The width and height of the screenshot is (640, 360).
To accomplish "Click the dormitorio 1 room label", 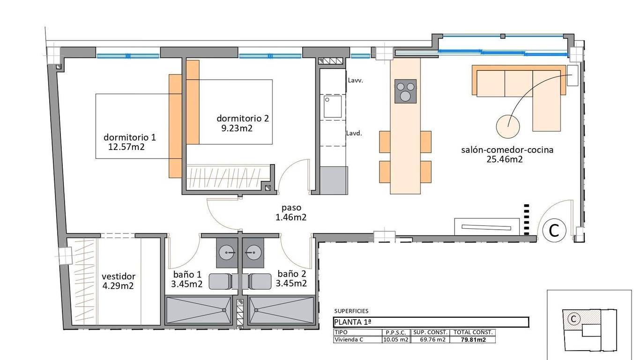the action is (130, 137).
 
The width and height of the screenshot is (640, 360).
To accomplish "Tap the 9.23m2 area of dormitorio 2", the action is (237, 128).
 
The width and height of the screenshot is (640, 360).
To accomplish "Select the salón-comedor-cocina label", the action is (507, 150).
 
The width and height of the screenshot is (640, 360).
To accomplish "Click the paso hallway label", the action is (291, 208).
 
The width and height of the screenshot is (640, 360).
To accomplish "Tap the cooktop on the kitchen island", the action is (405, 91).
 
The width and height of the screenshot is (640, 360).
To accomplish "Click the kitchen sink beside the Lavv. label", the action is (333, 106).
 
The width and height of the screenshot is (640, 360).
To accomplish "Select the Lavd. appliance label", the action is (354, 133).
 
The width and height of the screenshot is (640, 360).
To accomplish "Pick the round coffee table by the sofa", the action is (508, 127).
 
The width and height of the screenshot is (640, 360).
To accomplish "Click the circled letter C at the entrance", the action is (554, 230).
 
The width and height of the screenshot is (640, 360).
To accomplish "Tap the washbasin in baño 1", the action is (227, 253).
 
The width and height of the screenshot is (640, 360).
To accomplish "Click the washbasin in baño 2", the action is (253, 253).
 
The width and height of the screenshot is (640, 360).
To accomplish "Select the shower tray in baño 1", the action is (198, 310).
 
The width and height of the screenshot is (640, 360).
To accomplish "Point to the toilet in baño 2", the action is (260, 281).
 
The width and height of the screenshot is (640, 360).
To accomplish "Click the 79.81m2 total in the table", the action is (473, 340).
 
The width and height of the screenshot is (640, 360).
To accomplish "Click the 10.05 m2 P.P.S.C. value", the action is (396, 340).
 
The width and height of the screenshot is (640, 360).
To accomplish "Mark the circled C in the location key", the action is (573, 319).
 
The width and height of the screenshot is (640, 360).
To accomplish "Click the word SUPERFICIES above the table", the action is (351, 311).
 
